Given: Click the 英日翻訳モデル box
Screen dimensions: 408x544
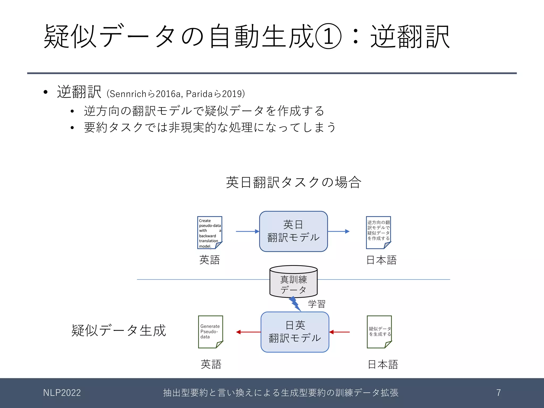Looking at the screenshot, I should pyautogui.click(x=293, y=231).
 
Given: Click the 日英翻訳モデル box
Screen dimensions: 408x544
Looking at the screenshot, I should pyautogui.click(x=295, y=332).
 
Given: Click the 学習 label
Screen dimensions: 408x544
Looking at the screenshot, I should pyautogui.click(x=317, y=304).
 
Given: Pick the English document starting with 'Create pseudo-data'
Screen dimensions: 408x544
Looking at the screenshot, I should pyautogui.click(x=210, y=233).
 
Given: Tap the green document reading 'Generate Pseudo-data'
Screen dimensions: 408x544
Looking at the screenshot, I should pyautogui.click(x=210, y=332).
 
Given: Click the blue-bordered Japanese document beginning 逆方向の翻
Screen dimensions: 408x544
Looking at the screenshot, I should pyautogui.click(x=379, y=232).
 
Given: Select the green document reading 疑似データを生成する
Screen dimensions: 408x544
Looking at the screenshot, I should pyautogui.click(x=380, y=332).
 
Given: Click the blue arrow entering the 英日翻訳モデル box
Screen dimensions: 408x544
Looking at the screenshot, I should pyautogui.click(x=247, y=231).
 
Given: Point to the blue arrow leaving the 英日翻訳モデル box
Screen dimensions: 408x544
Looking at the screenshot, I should pyautogui.click(x=338, y=231).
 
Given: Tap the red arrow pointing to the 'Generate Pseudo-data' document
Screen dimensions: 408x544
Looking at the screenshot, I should pyautogui.click(x=248, y=332).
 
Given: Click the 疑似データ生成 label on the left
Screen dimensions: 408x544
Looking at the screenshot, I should pyautogui.click(x=118, y=330).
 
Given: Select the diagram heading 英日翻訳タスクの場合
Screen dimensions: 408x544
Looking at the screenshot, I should pyautogui.click(x=294, y=182).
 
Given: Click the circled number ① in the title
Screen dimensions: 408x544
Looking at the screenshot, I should pyautogui.click(x=328, y=36).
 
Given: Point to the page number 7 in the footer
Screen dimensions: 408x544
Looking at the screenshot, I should pyautogui.click(x=499, y=393).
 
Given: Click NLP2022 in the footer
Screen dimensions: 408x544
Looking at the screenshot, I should pyautogui.click(x=62, y=393).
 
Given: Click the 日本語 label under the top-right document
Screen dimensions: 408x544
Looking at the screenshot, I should pyautogui.click(x=381, y=260).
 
